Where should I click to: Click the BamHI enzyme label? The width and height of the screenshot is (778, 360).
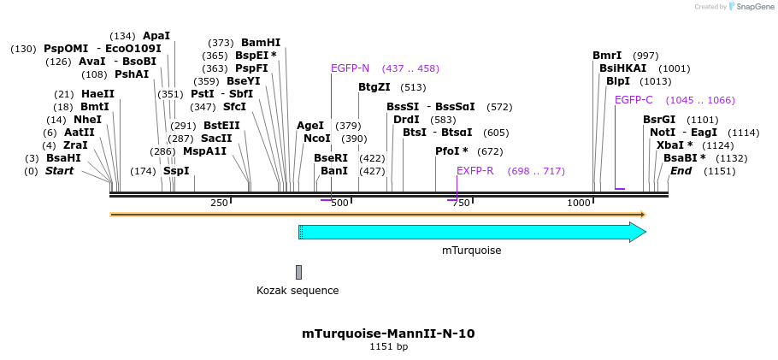click(260, 43)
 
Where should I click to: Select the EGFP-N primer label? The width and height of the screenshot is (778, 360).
click(350, 68)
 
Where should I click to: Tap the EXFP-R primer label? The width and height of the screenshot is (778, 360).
click(474, 171)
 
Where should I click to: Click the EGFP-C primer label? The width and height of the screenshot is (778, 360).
click(634, 100)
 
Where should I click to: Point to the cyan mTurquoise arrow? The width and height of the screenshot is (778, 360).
click(470, 233)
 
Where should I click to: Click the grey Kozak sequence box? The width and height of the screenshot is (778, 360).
click(298, 272)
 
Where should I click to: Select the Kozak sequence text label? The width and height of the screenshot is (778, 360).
click(298, 291)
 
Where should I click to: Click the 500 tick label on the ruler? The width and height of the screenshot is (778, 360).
click(340, 203)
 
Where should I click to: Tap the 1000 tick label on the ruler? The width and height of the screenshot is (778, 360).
click(580, 203)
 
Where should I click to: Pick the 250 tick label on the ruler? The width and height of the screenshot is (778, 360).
click(220, 203)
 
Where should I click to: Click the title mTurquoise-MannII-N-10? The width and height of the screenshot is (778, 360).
click(388, 333)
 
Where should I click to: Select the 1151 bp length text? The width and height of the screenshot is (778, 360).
click(388, 347)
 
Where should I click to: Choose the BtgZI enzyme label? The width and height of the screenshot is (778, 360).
click(374, 87)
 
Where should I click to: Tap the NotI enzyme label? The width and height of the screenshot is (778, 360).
click(662, 133)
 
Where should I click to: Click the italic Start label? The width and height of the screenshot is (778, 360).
click(59, 171)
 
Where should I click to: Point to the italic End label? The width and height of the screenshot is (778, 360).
click(681, 171)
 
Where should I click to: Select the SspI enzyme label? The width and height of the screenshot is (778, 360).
click(175, 171)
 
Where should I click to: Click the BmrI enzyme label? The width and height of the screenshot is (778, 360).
click(607, 56)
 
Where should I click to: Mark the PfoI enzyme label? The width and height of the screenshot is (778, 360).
click(447, 151)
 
